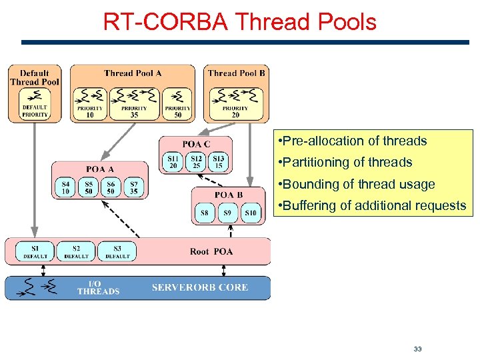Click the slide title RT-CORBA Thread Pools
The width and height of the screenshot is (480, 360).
(x=239, y=21)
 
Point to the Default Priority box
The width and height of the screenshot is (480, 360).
(x=35, y=105)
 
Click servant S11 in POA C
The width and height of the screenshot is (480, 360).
(x=173, y=161)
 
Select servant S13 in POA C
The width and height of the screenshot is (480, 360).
(x=218, y=161)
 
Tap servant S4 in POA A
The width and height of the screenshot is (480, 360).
(x=65, y=187)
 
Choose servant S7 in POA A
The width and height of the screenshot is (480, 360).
(x=133, y=187)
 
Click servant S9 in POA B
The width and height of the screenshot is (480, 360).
(x=227, y=213)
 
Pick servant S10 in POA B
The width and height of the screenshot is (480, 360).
(x=249, y=213)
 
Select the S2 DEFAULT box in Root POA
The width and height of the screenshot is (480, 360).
(x=76, y=251)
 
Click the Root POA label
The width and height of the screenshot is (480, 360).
(x=211, y=251)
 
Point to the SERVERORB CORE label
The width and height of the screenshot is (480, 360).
(x=200, y=287)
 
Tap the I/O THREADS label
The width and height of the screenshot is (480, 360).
(x=98, y=287)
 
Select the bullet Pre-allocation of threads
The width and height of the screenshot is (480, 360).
(x=353, y=141)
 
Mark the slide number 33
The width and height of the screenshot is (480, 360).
(x=418, y=349)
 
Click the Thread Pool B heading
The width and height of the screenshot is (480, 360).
(x=236, y=73)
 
